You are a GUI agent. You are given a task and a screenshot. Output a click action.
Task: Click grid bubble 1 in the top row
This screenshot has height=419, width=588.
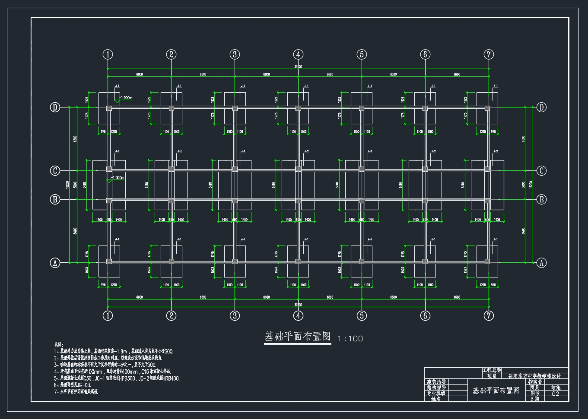(108, 54)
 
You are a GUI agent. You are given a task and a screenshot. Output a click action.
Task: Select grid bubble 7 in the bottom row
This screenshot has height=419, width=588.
(489, 315)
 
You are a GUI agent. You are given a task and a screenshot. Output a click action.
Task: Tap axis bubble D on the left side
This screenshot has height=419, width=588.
(55, 107)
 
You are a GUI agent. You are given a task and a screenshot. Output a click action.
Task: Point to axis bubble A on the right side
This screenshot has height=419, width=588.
(541, 262)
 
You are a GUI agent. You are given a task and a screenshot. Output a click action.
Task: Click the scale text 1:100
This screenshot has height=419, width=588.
(350, 339)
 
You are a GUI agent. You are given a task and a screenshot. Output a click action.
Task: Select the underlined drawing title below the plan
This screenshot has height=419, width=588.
(297, 337)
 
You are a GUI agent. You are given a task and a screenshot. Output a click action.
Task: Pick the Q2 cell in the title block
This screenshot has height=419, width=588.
(556, 394)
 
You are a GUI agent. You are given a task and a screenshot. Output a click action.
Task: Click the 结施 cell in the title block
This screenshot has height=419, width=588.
(556, 387)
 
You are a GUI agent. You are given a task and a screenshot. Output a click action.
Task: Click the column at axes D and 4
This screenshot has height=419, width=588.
(298, 108)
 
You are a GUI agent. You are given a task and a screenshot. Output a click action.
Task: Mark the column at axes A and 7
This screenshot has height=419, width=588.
(487, 261)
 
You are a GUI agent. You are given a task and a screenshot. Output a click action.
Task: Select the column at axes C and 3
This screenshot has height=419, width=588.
(235, 169)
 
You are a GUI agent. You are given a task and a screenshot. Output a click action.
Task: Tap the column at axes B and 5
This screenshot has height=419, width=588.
(362, 201)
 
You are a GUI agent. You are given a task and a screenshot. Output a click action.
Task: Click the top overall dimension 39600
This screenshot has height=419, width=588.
(298, 67)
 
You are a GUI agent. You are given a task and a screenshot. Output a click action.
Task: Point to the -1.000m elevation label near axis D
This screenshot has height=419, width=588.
(125, 98)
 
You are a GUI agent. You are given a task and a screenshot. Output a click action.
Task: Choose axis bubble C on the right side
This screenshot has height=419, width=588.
(541, 170)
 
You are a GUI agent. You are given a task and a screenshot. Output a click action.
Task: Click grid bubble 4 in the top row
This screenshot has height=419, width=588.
(298, 54)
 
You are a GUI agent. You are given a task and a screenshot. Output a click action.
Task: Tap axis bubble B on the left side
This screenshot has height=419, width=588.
(55, 199)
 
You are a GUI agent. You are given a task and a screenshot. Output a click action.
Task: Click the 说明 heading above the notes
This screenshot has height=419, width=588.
(58, 344)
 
